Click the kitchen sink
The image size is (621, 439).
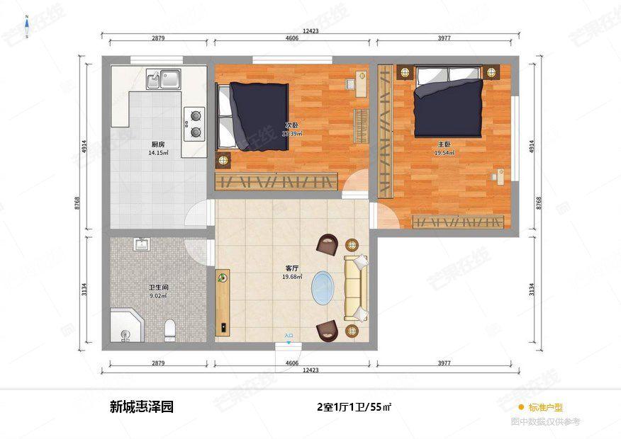[x=163, y=78]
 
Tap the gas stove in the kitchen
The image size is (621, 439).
[x=194, y=122]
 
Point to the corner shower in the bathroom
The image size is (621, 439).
[x=125, y=327]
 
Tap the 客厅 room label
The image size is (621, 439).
[x=291, y=268]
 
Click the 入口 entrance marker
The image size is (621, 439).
[x=289, y=336]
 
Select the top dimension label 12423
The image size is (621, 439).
[x=310, y=31]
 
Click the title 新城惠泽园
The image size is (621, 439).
[x=141, y=407]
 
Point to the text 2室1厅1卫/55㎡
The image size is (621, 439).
[x=354, y=407]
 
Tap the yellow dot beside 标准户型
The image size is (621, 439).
[x=521, y=407]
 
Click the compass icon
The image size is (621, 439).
[x=26, y=27]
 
